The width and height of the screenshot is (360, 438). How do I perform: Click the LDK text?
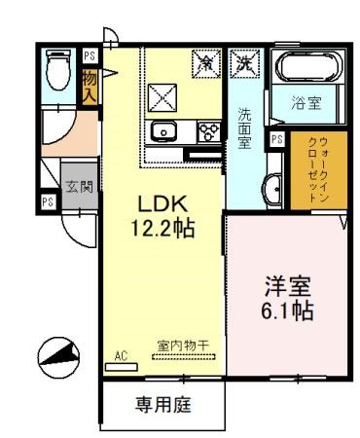click(161, 205)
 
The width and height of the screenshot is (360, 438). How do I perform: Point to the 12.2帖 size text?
click(161, 229)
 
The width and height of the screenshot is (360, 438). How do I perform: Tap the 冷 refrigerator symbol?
click(207, 61)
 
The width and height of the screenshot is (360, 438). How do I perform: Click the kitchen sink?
click(162, 131)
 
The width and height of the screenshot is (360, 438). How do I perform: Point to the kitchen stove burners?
click(208, 129)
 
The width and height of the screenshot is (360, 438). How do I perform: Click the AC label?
click(122, 356)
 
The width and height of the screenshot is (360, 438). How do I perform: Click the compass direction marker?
click(55, 356)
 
